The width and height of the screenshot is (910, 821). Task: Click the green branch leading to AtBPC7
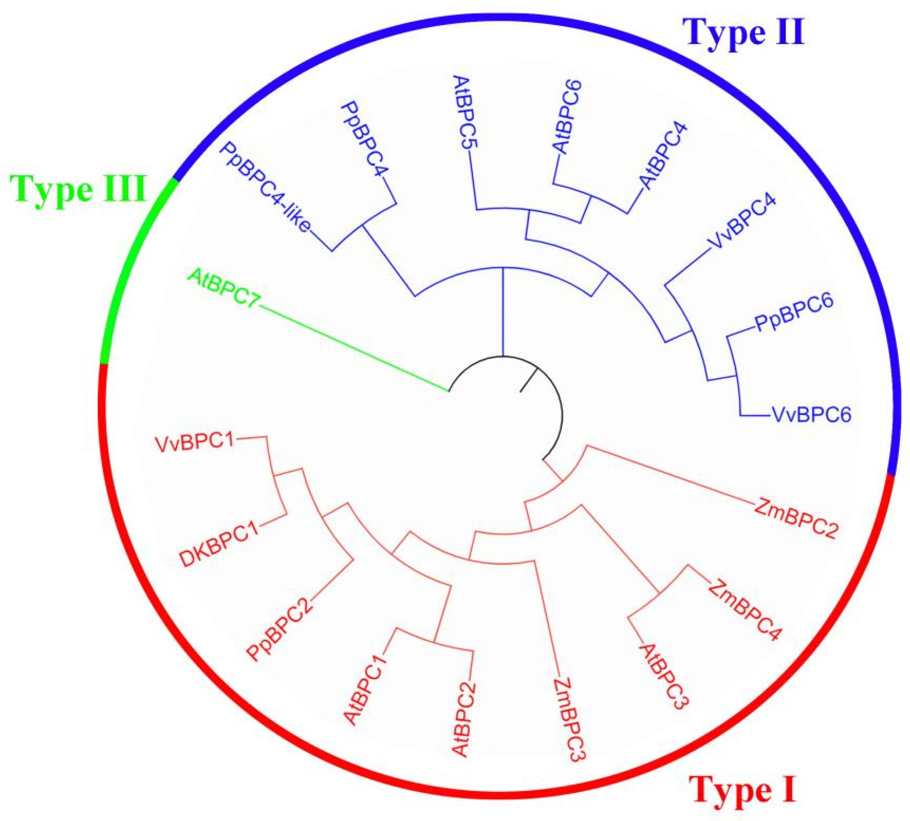tap(352, 345)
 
